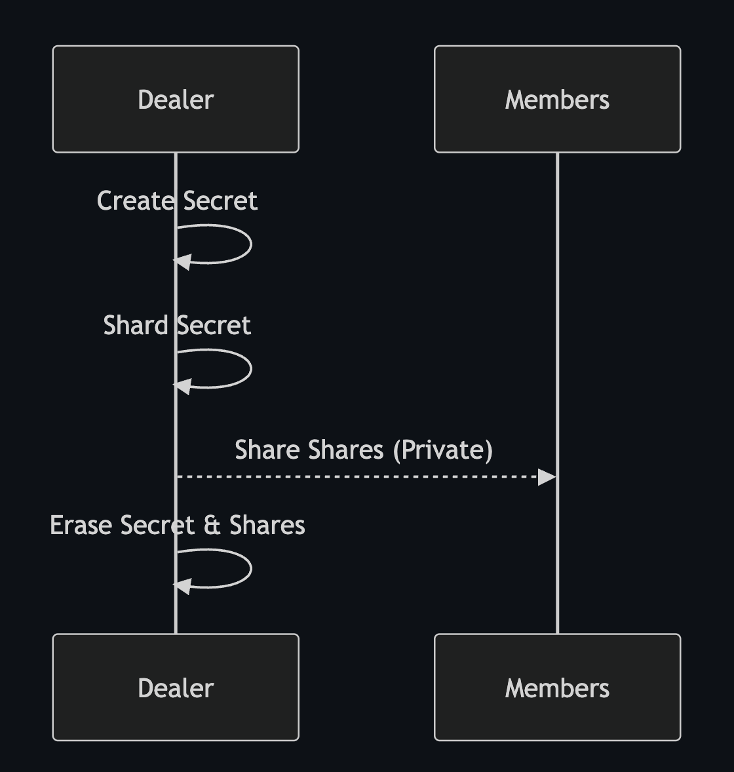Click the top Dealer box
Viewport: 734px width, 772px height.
176,100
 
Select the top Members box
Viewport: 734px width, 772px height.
557,100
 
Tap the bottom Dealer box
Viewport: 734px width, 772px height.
176,687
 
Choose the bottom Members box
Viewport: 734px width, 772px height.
557,687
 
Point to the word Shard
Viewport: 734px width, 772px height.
136,325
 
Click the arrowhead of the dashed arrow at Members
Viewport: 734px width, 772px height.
547,477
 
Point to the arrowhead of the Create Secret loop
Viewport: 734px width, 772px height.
182,261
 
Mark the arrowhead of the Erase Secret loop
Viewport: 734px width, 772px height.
182,586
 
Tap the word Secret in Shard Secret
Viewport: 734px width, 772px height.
214,325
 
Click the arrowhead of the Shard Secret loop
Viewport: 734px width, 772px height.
182,386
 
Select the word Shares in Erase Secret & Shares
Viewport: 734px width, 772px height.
267,525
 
